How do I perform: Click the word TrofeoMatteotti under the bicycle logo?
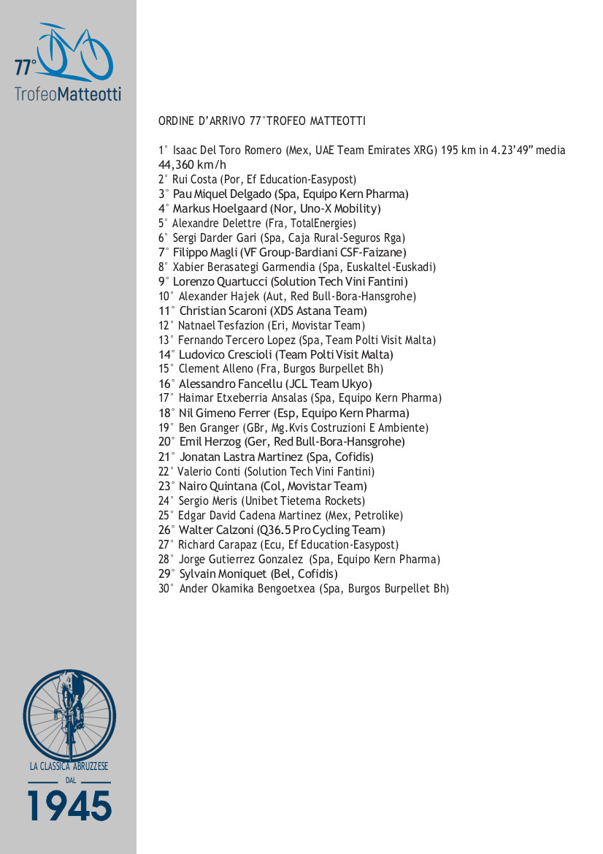[68, 94]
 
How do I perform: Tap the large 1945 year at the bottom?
[69, 805]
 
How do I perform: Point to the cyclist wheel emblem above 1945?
[69, 714]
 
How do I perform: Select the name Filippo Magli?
[200, 253]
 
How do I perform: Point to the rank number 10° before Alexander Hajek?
[166, 297]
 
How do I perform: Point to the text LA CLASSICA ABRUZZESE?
[69, 766]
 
